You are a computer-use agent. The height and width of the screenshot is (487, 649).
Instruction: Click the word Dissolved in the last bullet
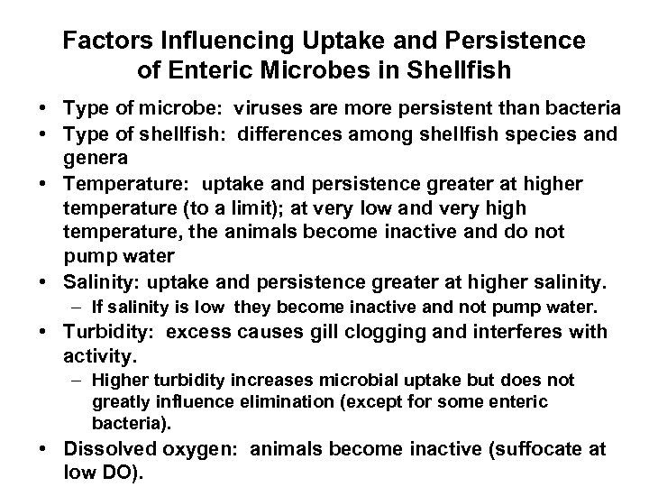pos(112,450)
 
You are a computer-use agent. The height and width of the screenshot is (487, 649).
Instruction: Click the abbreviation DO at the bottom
pos(120,473)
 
